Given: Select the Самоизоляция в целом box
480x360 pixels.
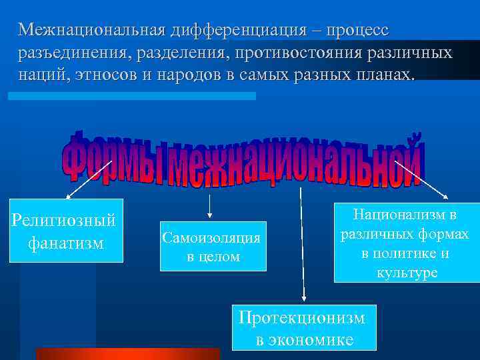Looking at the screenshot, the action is click(x=213, y=246).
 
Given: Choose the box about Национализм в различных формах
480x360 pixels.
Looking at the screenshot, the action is click(x=407, y=243).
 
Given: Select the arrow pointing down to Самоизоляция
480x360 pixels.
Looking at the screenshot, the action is click(x=210, y=206).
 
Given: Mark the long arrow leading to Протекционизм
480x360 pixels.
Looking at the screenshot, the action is click(x=303, y=247).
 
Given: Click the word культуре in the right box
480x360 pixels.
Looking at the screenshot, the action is click(x=407, y=273).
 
